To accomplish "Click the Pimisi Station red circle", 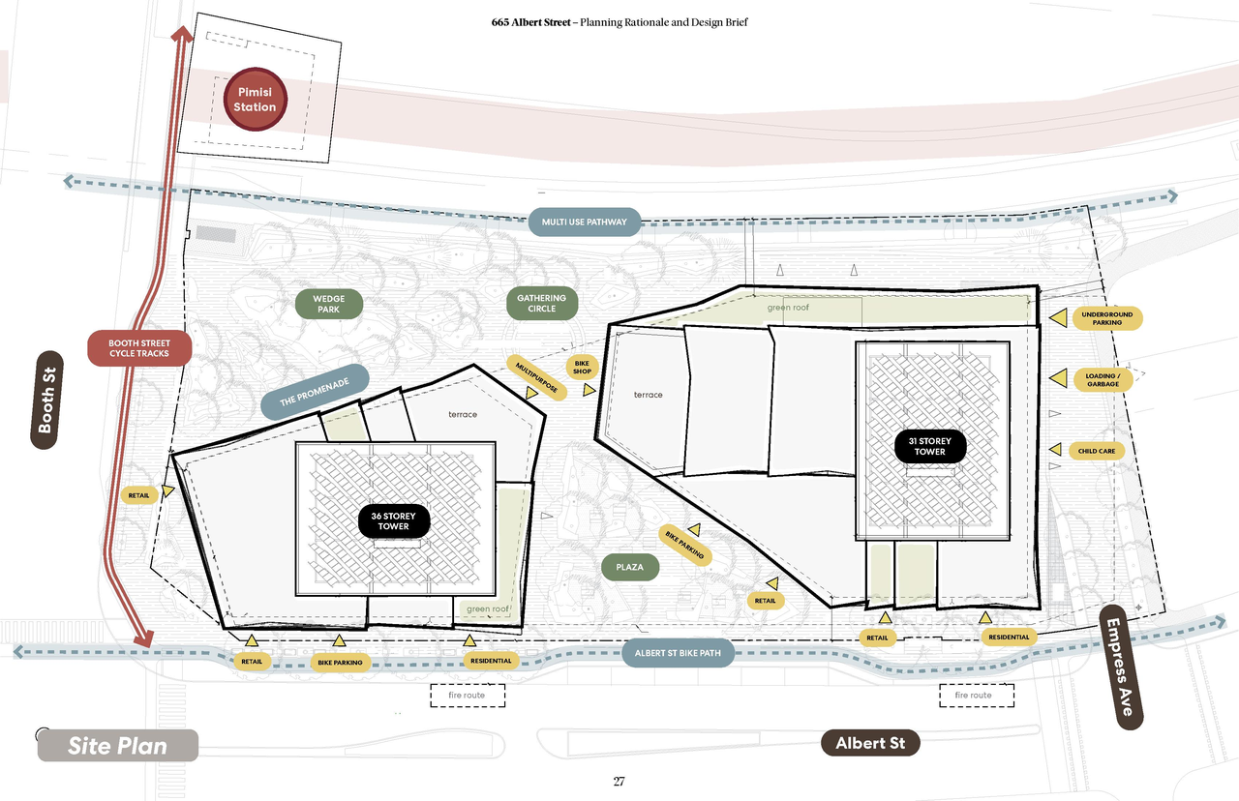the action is pyautogui.click(x=255, y=100).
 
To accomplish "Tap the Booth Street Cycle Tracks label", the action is pyautogui.click(x=139, y=348).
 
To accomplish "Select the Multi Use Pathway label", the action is pyautogui.click(x=584, y=222).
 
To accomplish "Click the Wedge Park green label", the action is pyautogui.click(x=328, y=304).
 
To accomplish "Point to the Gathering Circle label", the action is pyautogui.click(x=541, y=303).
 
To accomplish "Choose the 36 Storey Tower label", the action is pyautogui.click(x=393, y=520).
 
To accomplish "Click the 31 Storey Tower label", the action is pyautogui.click(x=930, y=446).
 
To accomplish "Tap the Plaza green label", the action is pyautogui.click(x=629, y=567).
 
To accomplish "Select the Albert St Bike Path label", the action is pyautogui.click(x=678, y=653).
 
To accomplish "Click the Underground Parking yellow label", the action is pyautogui.click(x=1106, y=318).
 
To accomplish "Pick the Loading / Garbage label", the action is pyautogui.click(x=1103, y=380).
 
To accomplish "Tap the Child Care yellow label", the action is pyautogui.click(x=1097, y=451).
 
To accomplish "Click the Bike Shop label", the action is pyautogui.click(x=582, y=367).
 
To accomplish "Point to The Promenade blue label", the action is pyautogui.click(x=315, y=392).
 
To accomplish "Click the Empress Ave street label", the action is pyautogui.click(x=1121, y=667).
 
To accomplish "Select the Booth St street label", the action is pyautogui.click(x=47, y=400).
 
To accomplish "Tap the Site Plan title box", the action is pyautogui.click(x=118, y=746).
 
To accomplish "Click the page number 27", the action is pyautogui.click(x=619, y=781).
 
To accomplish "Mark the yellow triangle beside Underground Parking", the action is pyautogui.click(x=1059, y=318).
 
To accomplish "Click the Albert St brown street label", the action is pyautogui.click(x=870, y=743).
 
